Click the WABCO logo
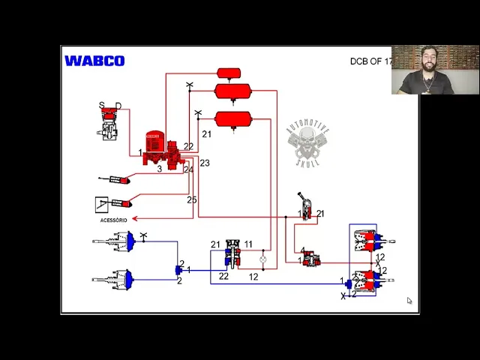coord(94,61)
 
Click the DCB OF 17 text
coord(370,61)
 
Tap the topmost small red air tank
coord(229,73)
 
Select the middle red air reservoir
coord(232,91)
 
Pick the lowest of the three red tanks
coord(232,119)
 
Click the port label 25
coord(192,199)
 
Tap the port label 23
coord(205,163)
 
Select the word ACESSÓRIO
coord(114,220)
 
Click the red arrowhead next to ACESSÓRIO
coord(134,219)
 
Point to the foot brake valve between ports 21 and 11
coord(232,253)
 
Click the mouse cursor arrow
coord(409,301)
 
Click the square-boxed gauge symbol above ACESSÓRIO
coord(103,203)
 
